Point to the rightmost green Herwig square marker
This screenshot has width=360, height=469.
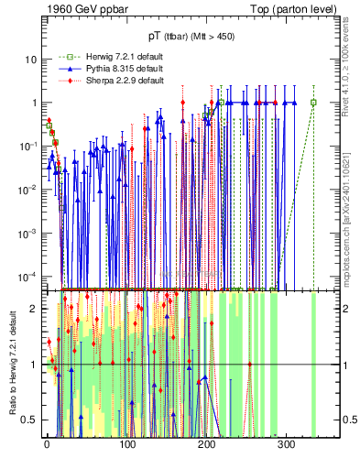click(x=313, y=103)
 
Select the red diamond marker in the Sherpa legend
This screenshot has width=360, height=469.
click(x=65, y=80)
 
